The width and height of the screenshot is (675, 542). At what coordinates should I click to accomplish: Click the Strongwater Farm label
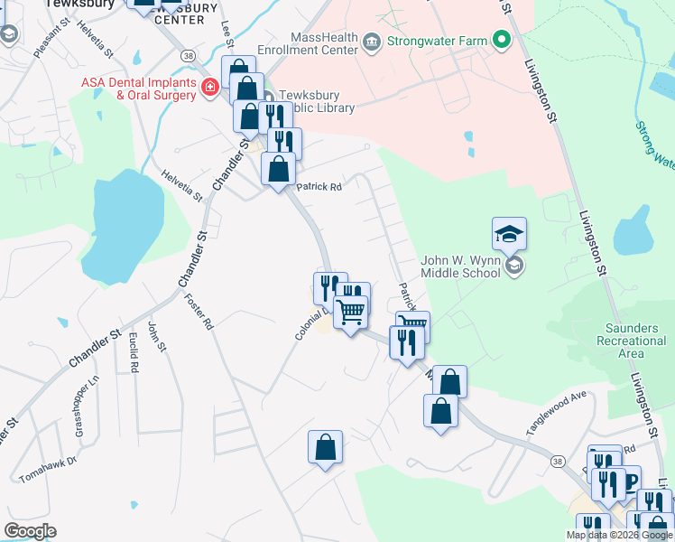coord(435,41)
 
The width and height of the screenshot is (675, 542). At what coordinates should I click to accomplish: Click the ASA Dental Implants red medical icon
coord(209,88)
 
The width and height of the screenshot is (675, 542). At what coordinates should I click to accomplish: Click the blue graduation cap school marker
coord(509,235)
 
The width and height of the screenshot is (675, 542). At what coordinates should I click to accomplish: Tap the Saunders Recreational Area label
coord(631,334)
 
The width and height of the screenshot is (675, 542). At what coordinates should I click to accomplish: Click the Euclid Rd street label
coord(134,351)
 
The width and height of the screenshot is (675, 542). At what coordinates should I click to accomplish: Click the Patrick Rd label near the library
coord(319,187)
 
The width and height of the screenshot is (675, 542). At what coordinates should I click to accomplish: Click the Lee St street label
coord(227,35)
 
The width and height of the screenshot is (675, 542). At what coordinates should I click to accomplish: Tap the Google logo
coord(30,531)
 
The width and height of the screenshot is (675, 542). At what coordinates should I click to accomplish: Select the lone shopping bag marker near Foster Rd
coord(325,448)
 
